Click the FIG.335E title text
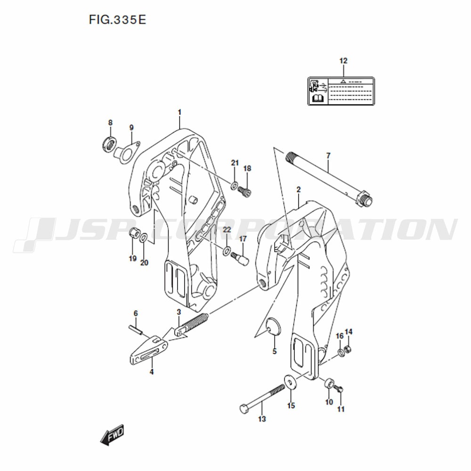click(117, 20)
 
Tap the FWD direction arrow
click(112, 434)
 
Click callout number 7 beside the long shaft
click(328, 155)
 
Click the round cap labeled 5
click(274, 325)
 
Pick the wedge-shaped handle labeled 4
click(148, 349)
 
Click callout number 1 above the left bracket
click(179, 113)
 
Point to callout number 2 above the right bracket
click(298, 189)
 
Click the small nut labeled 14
click(348, 349)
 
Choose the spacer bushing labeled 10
click(329, 383)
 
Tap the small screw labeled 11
click(339, 390)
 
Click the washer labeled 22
click(227, 250)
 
